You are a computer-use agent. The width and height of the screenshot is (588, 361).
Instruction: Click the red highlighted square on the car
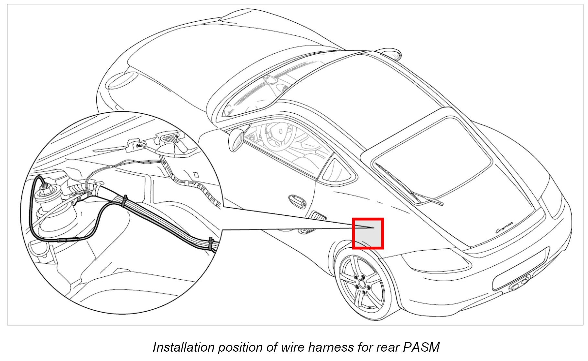368,233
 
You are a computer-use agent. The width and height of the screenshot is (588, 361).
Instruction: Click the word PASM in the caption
421,347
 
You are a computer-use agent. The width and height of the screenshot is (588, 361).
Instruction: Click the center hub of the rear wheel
362,284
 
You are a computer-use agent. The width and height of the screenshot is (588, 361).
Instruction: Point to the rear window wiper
408,187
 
